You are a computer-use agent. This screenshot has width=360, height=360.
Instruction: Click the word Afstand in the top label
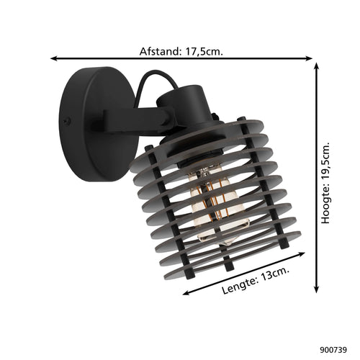coord(160,51)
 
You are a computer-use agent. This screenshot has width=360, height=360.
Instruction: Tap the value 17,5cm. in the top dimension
coord(204,52)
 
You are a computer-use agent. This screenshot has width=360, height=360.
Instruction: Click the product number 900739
coord(333,350)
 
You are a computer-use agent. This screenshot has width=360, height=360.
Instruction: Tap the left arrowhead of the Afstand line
coord(54,58)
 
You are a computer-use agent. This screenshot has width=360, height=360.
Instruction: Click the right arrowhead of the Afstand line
coord(309,58)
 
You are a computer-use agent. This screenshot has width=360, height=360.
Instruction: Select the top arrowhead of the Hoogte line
coord(317,66)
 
